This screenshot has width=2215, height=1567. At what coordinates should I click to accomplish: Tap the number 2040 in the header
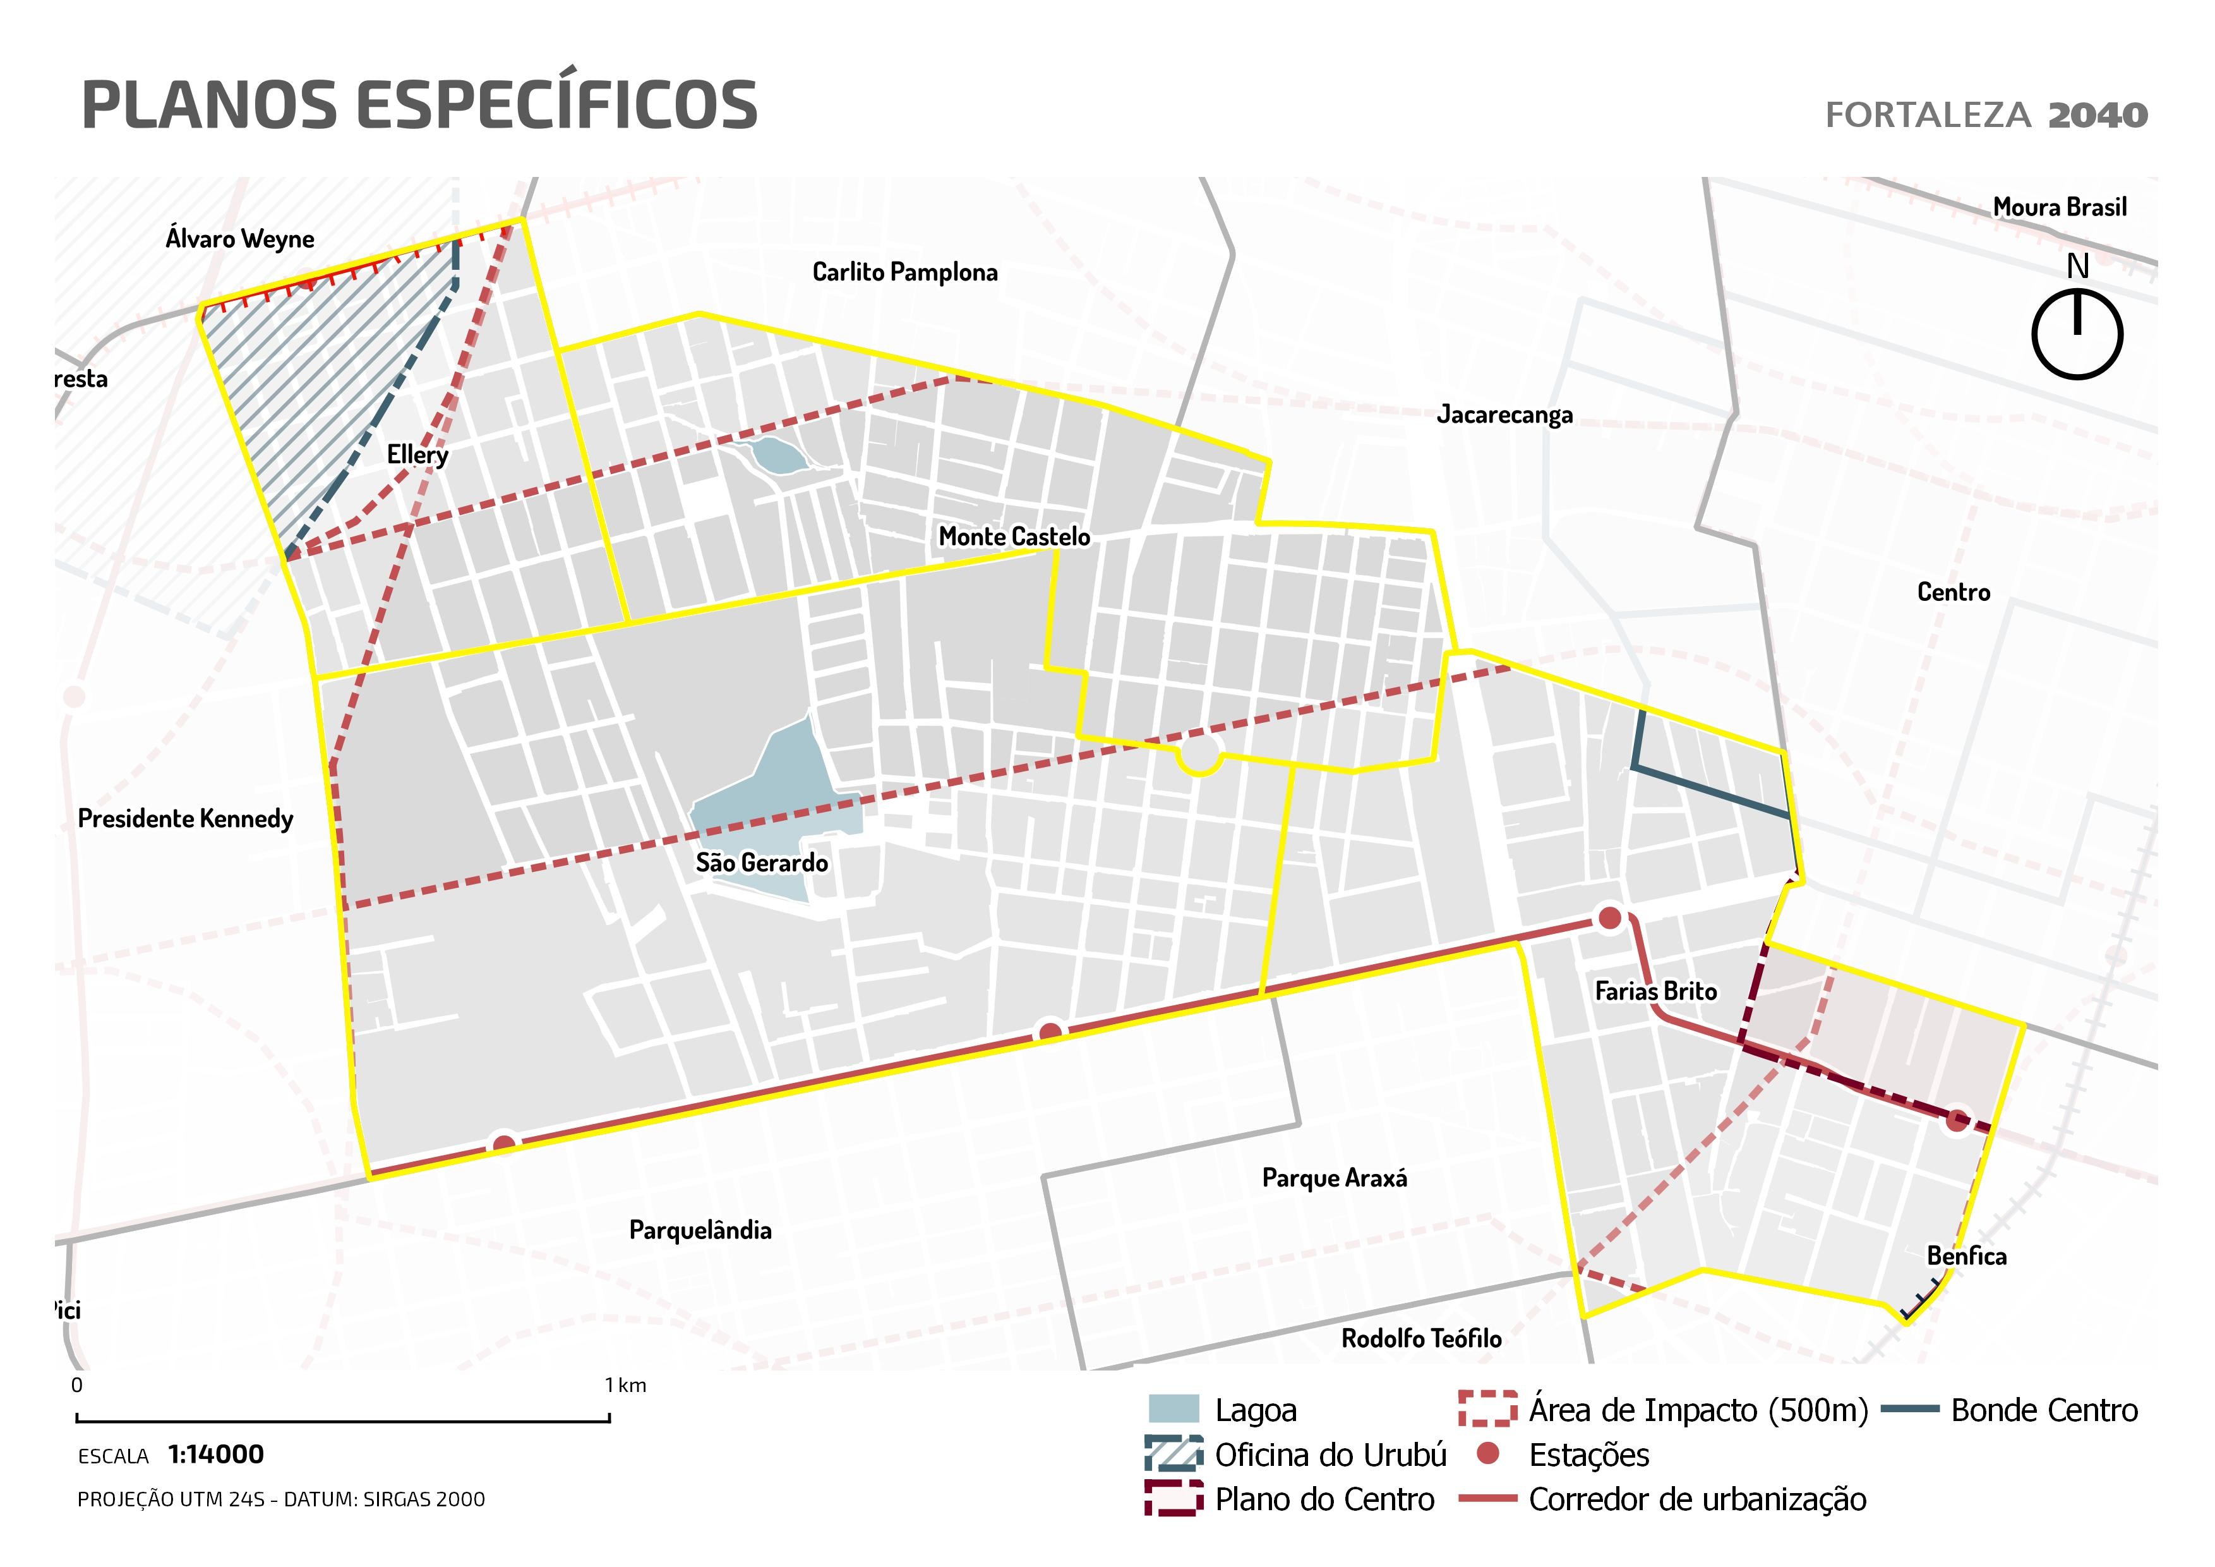coord(2098,116)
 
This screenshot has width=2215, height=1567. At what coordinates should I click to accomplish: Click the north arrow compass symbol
coord(2077,333)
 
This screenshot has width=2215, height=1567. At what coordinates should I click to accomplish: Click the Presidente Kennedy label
coord(185,820)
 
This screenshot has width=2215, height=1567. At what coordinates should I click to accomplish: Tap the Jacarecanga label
coord(1504,415)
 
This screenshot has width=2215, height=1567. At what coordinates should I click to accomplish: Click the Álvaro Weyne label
coord(239,238)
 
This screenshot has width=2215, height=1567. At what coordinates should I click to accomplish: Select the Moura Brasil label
coord(2059,207)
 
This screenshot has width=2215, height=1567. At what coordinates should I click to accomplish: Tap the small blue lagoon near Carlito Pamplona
coord(777,454)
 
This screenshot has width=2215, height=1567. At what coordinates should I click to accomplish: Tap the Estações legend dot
coord(1489,1454)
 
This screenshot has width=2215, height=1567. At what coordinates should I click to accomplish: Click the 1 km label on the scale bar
coord(625,1386)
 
